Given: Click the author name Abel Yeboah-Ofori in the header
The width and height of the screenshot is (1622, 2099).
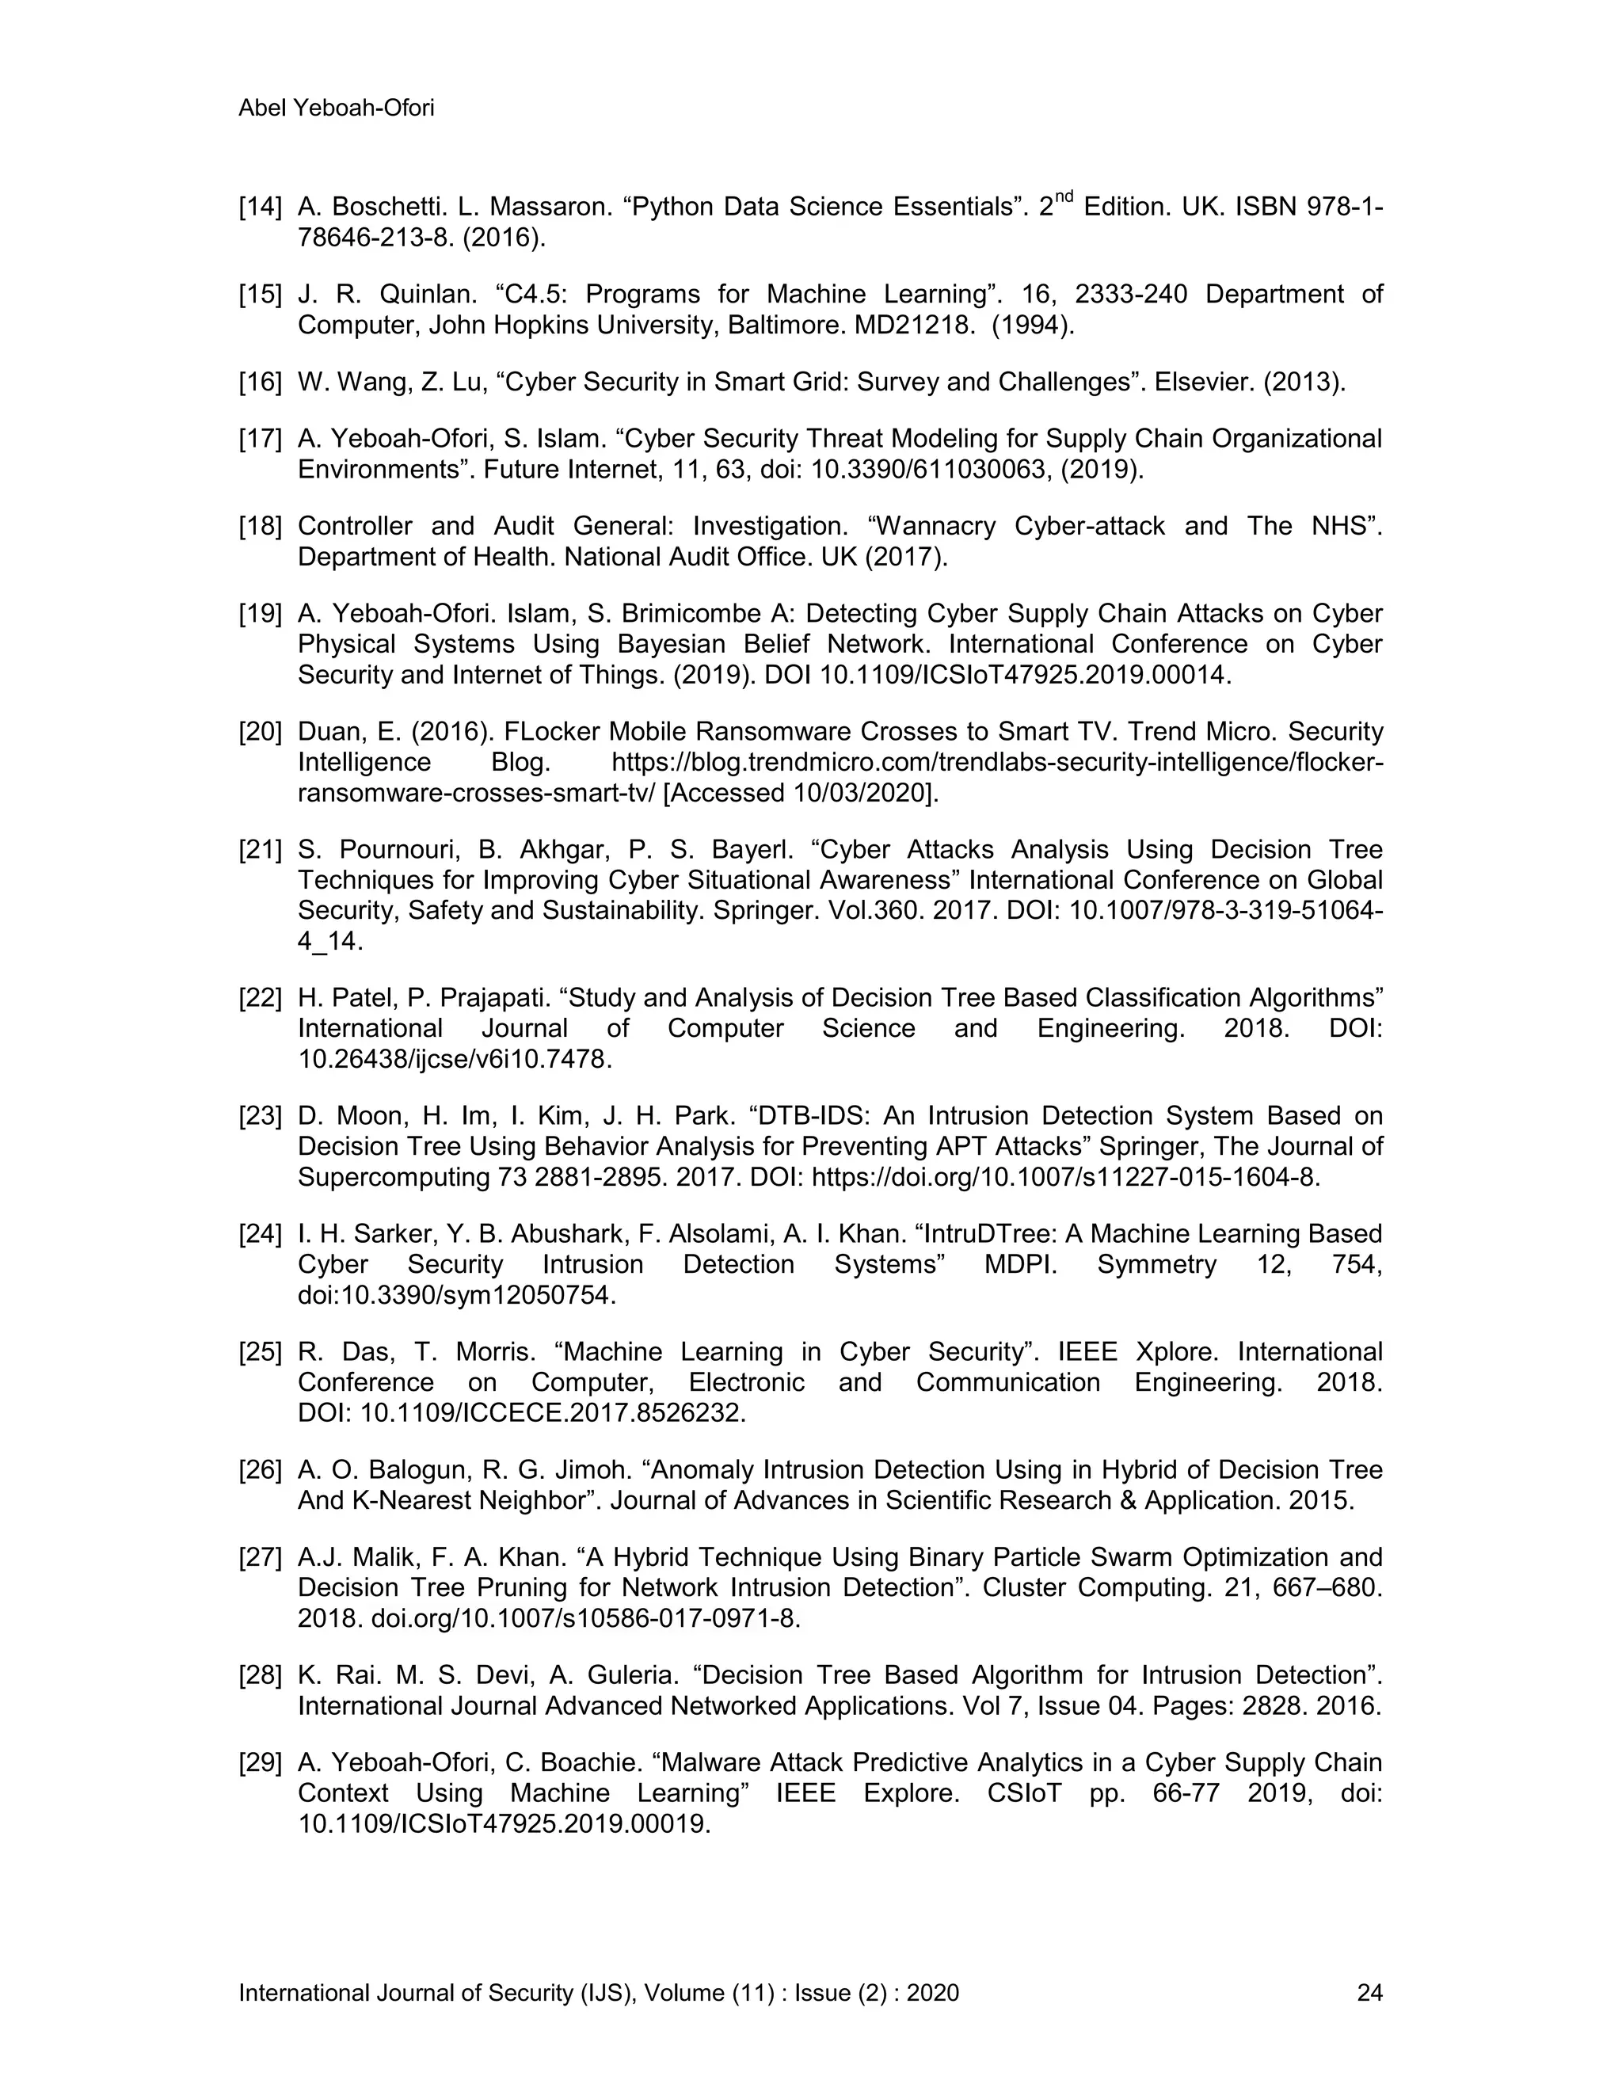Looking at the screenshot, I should point(337,109).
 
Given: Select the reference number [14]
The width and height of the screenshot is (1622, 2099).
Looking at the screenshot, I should point(260,208).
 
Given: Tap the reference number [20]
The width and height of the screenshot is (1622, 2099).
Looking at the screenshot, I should point(260,733).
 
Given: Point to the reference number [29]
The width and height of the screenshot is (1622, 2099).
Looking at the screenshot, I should point(260,1762).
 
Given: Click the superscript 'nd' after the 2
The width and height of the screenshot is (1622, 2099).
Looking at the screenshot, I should point(1063,197).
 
